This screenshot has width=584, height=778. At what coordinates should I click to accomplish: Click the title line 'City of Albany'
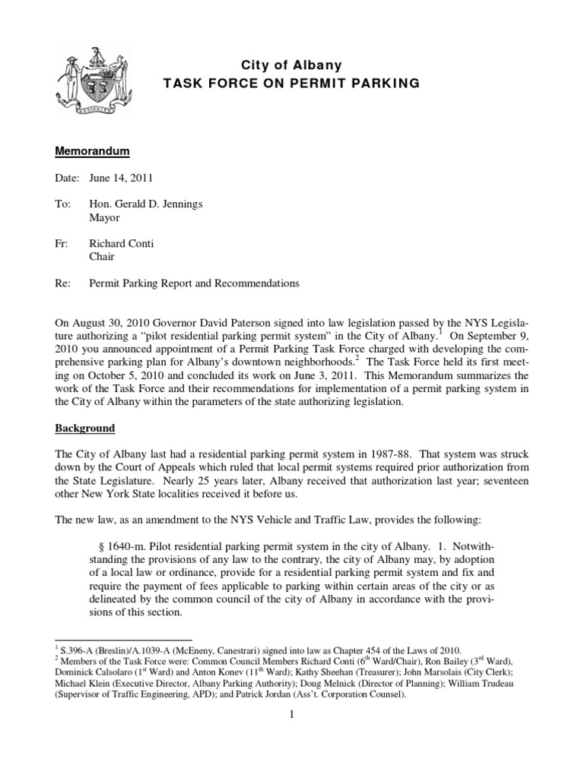click(x=291, y=66)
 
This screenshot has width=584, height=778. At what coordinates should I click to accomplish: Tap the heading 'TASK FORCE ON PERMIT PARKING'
click(x=291, y=84)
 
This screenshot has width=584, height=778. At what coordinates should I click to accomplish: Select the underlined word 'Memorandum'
click(x=92, y=152)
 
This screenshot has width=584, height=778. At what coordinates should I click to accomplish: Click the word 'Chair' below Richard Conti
click(x=103, y=257)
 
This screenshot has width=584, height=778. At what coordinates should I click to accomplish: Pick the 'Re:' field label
click(x=63, y=283)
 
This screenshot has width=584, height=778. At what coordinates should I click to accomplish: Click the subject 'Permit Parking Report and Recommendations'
click(x=195, y=283)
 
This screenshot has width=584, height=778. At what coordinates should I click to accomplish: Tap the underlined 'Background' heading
click(x=84, y=429)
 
